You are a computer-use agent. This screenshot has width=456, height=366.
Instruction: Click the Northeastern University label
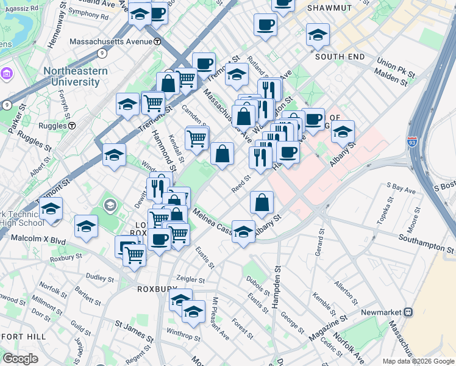click(75, 76)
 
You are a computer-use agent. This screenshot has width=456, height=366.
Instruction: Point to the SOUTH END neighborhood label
click(340, 57)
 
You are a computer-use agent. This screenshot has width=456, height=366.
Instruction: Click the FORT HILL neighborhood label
click(23, 336)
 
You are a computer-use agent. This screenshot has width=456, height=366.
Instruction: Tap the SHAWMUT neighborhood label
click(329, 8)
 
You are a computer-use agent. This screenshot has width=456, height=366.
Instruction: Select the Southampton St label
click(427, 243)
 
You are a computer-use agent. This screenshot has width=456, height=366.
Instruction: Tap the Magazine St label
click(327, 328)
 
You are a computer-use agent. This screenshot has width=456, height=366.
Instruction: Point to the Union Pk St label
click(395, 63)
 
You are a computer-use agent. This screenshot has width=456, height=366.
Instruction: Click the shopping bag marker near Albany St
click(262, 203)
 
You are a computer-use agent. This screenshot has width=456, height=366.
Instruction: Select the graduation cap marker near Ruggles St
click(114, 156)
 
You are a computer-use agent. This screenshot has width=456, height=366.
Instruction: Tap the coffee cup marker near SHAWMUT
click(266, 26)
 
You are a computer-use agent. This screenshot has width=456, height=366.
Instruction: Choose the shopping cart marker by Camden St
click(196, 138)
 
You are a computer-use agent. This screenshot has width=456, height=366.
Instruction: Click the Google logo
click(20, 358)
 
